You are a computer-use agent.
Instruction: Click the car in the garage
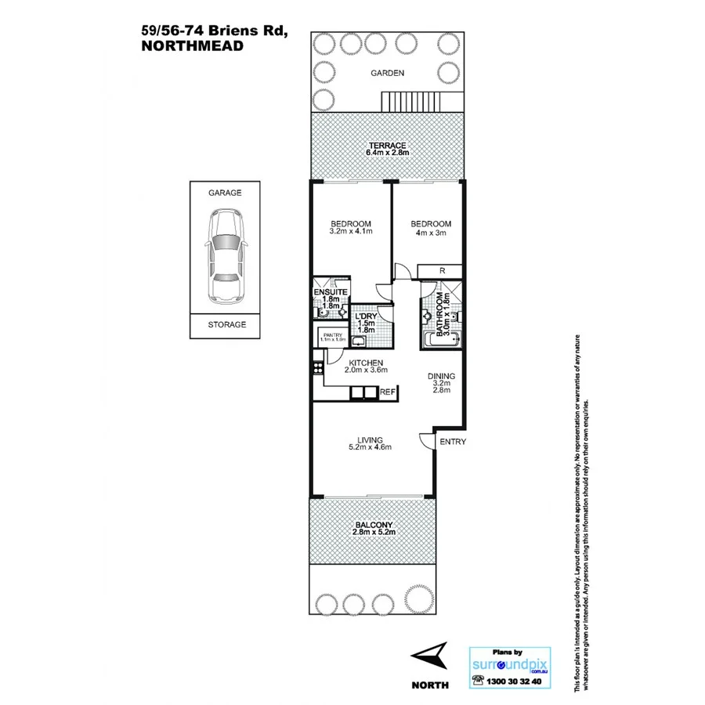click(x=225, y=257)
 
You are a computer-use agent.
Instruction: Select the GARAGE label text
click(x=225, y=192)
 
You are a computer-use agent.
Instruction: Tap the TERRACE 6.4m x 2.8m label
click(x=388, y=150)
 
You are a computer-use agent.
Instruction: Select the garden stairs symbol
click(x=409, y=101)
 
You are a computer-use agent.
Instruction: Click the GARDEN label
click(x=388, y=73)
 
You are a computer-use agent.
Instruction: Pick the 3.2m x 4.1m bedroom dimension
click(x=350, y=232)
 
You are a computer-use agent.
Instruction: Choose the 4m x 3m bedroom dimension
click(x=432, y=232)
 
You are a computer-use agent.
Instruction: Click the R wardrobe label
click(x=443, y=271)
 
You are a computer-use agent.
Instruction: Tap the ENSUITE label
click(x=330, y=293)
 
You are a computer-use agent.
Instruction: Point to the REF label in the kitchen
click(x=389, y=392)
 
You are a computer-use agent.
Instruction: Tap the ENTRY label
click(x=453, y=442)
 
